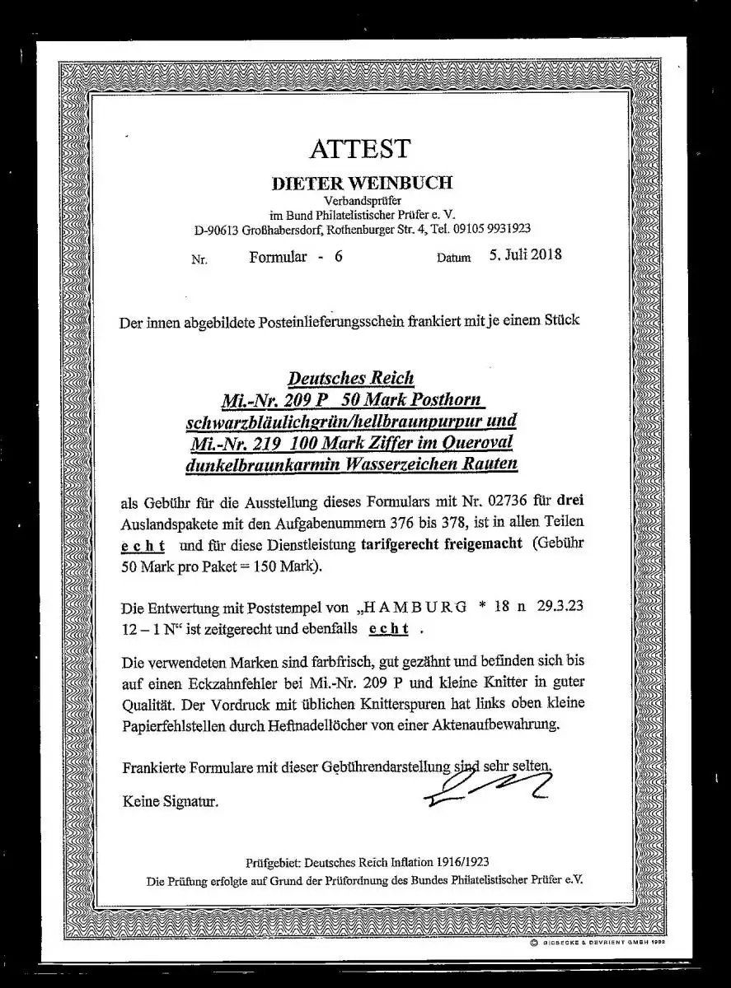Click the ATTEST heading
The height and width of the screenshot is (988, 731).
pos(358,149)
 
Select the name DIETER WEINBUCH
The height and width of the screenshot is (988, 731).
pos(362,183)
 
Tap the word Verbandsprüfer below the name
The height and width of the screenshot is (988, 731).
pos(362,200)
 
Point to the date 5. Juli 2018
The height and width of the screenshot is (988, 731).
pos(524,254)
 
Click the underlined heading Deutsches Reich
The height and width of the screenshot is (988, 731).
pos(350,378)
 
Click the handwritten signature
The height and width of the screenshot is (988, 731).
pos(487,785)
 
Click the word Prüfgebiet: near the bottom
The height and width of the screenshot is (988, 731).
pos(273,862)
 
